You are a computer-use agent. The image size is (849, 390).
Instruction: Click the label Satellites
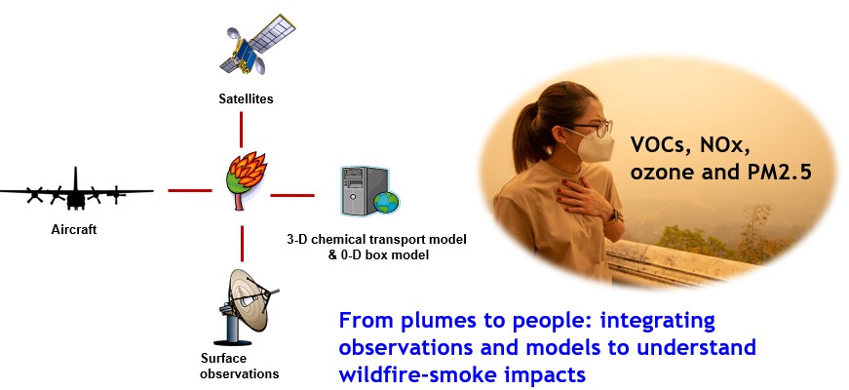(246, 98)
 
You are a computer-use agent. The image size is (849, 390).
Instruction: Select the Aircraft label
(76, 231)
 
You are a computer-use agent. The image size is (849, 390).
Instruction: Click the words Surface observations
(233, 366)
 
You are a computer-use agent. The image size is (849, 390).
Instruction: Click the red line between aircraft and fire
(191, 190)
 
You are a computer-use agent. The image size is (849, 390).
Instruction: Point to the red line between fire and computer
(291, 195)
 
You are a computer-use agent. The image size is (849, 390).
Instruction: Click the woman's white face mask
(592, 147)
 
